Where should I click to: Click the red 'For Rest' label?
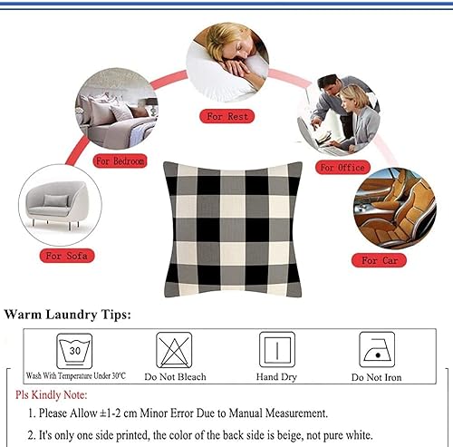226,117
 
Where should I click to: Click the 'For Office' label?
341,168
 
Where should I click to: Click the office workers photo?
339,114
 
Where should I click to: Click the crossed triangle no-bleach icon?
174,350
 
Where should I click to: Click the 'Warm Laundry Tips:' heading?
68,315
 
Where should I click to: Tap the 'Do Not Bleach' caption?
174,377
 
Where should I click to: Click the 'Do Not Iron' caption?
376,377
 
